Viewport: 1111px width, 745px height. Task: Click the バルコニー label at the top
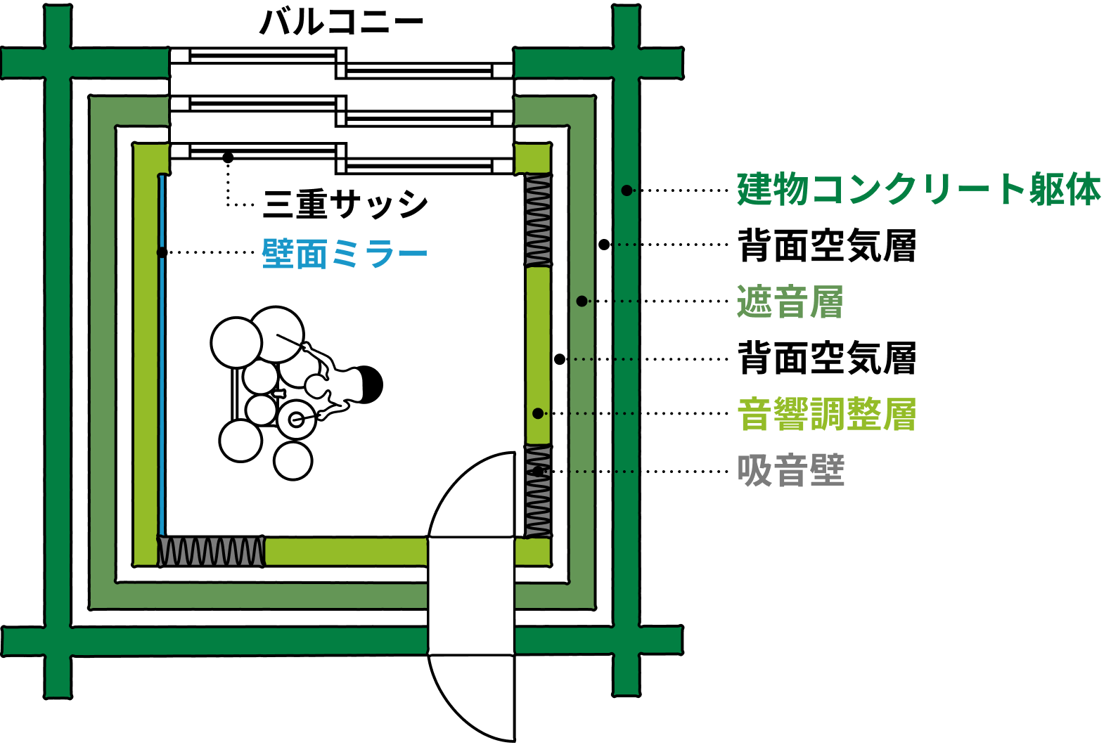coord(342,22)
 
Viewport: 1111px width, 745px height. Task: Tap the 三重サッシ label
coord(345,205)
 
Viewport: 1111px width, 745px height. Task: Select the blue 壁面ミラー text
coord(345,254)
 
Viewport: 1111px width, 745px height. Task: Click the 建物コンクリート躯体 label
coord(918,190)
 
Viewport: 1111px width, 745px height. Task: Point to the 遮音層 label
coord(790,302)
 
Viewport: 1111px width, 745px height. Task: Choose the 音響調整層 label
coord(827,414)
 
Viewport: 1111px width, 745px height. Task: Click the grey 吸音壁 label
coord(790,470)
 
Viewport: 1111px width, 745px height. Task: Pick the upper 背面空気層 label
coord(827,245)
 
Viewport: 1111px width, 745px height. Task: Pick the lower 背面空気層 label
coord(827,358)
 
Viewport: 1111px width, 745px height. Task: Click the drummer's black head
coord(368,384)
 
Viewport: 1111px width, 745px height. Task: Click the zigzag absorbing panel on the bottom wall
coord(211,552)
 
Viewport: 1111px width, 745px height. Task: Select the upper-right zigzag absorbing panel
coord(539,220)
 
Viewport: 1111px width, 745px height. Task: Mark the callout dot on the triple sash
coord(228,157)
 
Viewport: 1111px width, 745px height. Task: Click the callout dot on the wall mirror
coord(162,252)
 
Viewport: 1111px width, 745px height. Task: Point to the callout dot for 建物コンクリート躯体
coord(627,190)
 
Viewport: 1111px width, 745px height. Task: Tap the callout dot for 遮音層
coord(582,302)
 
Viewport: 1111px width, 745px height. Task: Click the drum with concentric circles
coord(296,420)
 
